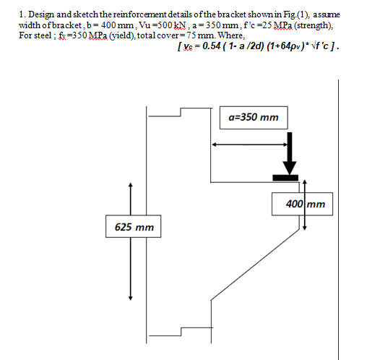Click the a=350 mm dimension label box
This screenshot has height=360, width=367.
coord(253,117)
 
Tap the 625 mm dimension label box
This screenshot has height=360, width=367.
coord(134,227)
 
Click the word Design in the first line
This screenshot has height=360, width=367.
coord(45,14)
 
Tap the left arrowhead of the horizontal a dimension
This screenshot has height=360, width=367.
coord(214,144)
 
